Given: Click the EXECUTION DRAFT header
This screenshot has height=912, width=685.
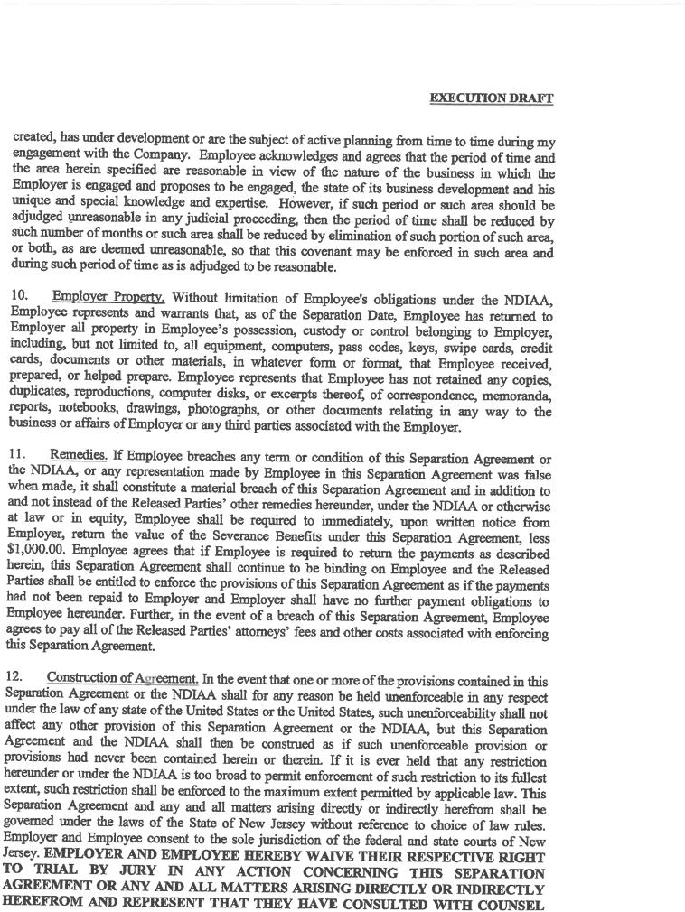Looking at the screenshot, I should coord(491,98).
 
